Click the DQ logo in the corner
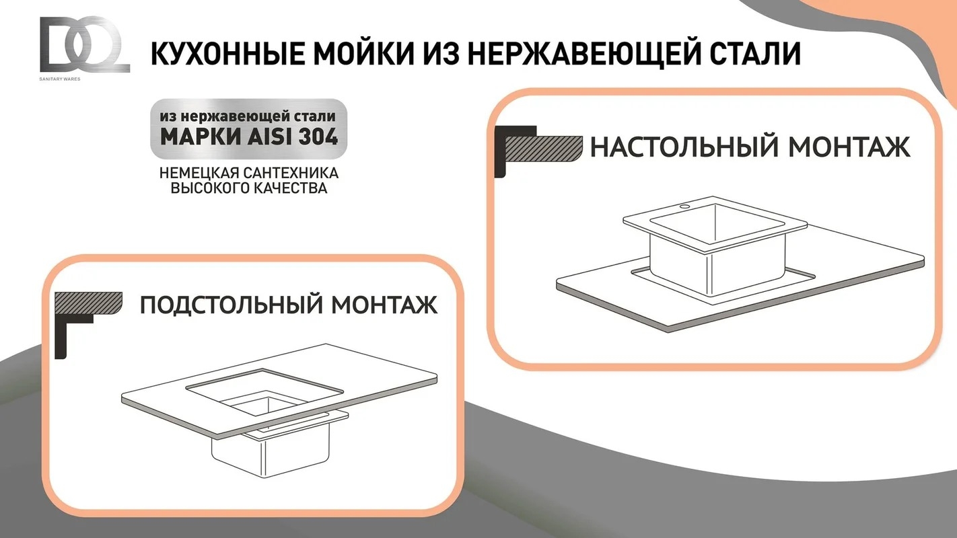85,44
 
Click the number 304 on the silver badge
318,137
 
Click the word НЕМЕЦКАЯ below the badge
199,173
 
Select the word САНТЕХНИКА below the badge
291,173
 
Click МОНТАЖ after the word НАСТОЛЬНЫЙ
849,147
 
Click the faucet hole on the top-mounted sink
685,207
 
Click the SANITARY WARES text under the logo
60,79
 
